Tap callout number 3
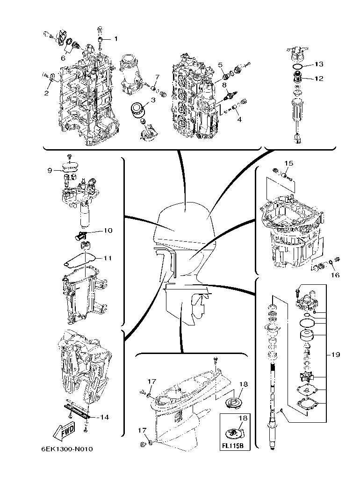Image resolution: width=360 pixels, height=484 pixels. pyautogui.click(x=153, y=101)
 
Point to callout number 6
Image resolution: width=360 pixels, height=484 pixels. pyautogui.click(x=63, y=58)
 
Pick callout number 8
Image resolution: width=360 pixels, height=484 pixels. pyautogui.click(x=224, y=85)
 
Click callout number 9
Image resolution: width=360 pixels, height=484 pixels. pyautogui.click(x=50, y=171)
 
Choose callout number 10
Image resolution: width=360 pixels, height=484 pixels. pyautogui.click(x=108, y=231)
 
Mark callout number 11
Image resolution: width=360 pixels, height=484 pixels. pyautogui.click(x=108, y=258)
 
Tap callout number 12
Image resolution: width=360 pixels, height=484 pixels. pyautogui.click(x=318, y=79)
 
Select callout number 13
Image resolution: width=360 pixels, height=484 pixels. pyautogui.click(x=318, y=64)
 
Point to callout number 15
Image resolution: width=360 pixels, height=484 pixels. pyautogui.click(x=288, y=163)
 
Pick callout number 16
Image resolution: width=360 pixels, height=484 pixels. pyautogui.click(x=335, y=275)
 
